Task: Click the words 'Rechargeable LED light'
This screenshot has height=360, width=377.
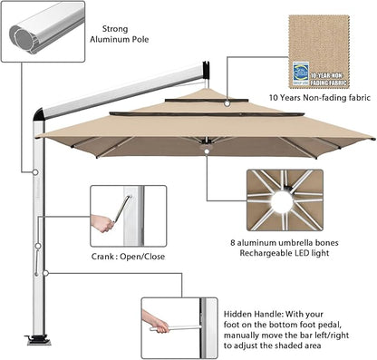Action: click(x=291, y=254)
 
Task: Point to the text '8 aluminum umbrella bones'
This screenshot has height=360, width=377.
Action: click(x=291, y=242)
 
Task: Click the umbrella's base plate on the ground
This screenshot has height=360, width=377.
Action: click(x=41, y=341)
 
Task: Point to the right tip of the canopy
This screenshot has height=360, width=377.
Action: click(x=372, y=138)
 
